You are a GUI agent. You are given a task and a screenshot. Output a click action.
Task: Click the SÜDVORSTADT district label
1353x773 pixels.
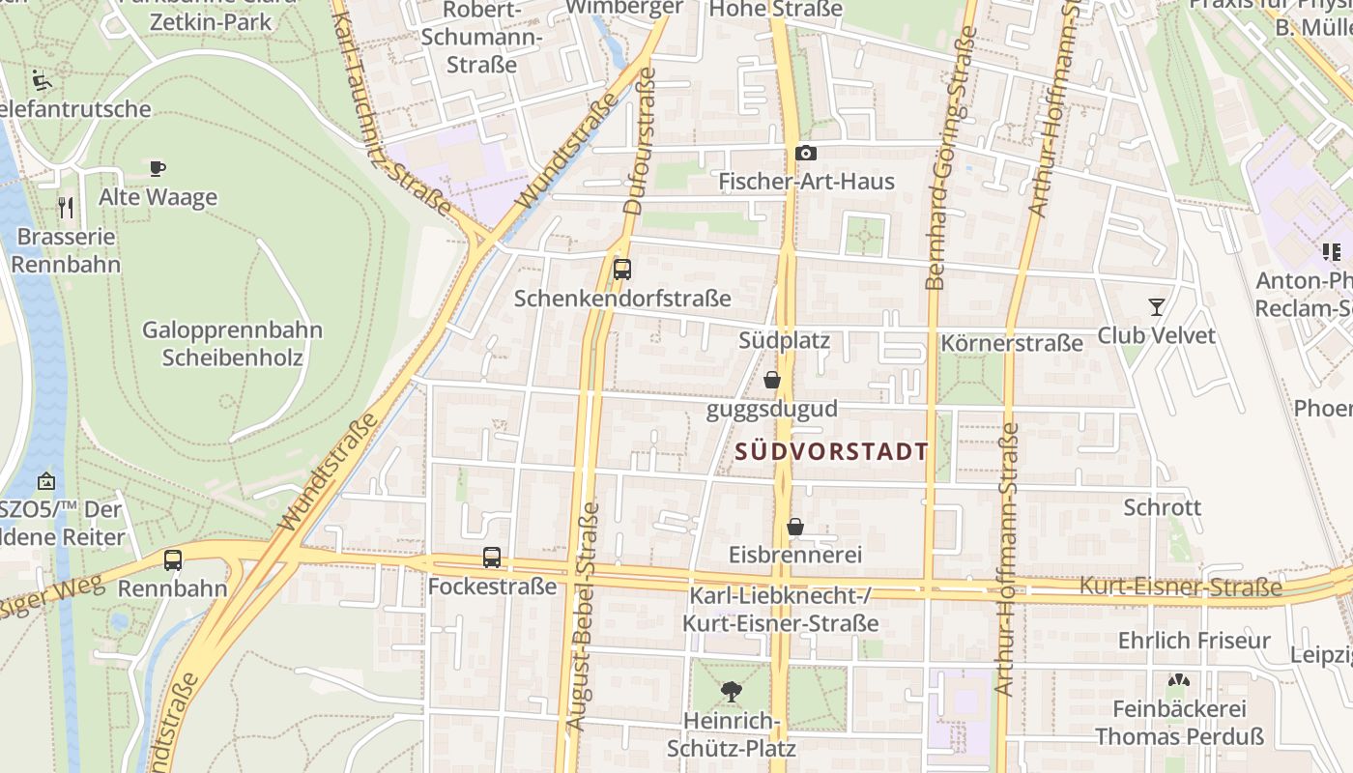[x=831, y=451]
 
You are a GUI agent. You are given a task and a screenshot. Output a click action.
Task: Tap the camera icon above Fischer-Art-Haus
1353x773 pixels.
[x=805, y=154]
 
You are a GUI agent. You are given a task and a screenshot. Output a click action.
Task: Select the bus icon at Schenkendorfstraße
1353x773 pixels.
[x=622, y=270]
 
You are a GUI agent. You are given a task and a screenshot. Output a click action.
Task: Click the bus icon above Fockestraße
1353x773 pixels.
[x=492, y=558]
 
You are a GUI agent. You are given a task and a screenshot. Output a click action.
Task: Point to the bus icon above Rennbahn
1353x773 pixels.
[x=173, y=559]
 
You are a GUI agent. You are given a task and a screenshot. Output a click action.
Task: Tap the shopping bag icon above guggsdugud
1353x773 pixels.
[x=771, y=380]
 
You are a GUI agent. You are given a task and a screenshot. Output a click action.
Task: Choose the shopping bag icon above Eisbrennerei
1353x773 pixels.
[x=794, y=527]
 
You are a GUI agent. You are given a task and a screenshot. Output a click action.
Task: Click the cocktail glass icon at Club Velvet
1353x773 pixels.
[x=1156, y=307]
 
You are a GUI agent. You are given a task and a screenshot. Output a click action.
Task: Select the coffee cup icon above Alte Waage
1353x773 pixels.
[x=158, y=168]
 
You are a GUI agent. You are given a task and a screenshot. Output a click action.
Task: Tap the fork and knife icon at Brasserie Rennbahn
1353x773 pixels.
[x=66, y=207]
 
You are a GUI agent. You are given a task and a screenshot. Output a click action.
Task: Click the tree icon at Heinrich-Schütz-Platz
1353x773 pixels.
[x=731, y=692]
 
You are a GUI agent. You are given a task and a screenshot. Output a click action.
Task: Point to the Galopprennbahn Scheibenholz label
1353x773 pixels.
[x=233, y=344]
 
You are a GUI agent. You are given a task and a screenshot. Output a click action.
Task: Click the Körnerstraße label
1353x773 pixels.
[x=1012, y=343]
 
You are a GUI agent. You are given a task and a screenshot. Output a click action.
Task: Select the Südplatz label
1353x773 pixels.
[x=784, y=341]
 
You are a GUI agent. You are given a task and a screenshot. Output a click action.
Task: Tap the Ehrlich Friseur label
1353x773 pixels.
[x=1195, y=641]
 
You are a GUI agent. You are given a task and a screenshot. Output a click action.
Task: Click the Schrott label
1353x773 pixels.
[x=1163, y=507]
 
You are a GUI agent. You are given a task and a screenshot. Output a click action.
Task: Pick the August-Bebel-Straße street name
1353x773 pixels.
[x=587, y=628]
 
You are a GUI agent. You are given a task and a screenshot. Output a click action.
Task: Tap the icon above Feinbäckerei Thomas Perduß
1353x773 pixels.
[x=1177, y=680]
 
